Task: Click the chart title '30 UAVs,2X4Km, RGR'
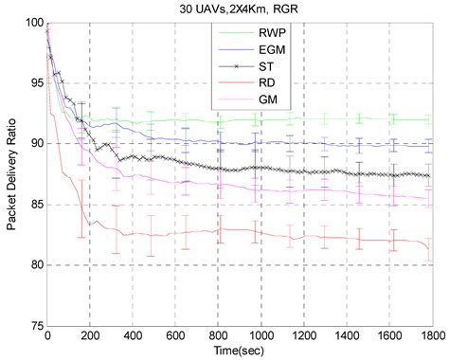click(x=240, y=9)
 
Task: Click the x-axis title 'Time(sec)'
click(x=240, y=351)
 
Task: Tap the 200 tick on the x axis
click(x=90, y=336)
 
